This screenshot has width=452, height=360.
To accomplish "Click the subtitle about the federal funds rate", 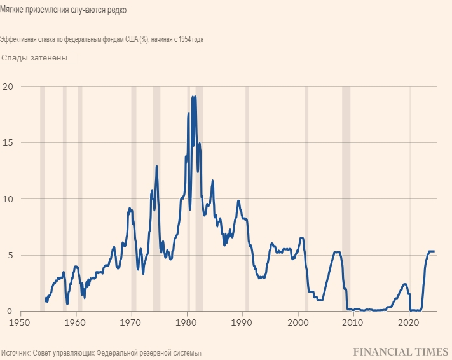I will click(x=102, y=39).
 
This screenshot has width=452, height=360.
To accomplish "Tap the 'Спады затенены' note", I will click(x=34, y=58).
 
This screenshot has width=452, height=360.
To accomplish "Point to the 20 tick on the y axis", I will click(x=8, y=87).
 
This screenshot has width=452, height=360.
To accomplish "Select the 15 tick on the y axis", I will click(x=8, y=142).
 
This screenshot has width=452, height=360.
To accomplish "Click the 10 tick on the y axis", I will click(x=8, y=199).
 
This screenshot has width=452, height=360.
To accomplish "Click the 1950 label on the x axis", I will click(x=21, y=322).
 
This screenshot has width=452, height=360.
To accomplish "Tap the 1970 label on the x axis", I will click(x=132, y=322).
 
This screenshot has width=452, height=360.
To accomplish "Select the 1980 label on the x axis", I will click(x=187, y=322).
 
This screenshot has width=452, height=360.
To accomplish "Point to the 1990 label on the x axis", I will click(x=242, y=322).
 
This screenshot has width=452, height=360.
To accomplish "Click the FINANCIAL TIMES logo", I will click(x=400, y=351).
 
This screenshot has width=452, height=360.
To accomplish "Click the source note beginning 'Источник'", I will click(x=101, y=352).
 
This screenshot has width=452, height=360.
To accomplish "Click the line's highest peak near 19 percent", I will click(x=193, y=97).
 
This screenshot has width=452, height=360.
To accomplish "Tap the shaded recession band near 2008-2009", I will click(x=346, y=191).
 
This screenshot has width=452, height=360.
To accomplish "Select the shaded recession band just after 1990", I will click(x=247, y=191).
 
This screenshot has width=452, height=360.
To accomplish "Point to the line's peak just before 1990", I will click(x=238, y=201).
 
